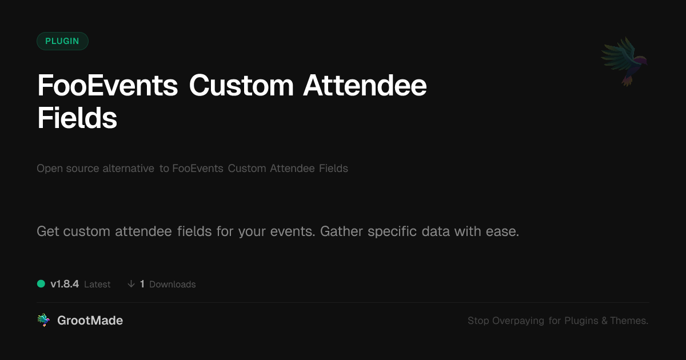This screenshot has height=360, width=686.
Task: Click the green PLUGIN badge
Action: (62, 41)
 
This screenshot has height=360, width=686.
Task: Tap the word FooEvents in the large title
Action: (107, 85)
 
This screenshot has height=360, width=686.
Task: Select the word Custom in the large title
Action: (241, 85)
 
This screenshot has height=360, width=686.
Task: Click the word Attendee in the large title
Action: (365, 85)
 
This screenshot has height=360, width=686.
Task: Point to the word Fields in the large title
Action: (77, 118)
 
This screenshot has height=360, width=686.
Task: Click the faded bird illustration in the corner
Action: (624, 61)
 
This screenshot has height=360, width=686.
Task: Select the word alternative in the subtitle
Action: (128, 169)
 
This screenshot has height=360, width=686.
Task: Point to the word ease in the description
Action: (502, 232)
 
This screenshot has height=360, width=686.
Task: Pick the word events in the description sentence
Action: (293, 232)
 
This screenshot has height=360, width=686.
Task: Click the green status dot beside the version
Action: (41, 284)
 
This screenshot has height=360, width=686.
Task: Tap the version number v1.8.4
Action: (65, 284)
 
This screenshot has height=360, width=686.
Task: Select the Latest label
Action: (97, 285)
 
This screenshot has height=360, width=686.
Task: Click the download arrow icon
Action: (131, 284)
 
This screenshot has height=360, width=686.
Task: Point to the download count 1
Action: (142, 284)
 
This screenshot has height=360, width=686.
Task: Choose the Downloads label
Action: (173, 285)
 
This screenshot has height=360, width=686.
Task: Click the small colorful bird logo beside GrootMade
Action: (44, 320)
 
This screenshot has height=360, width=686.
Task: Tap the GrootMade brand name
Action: (90, 321)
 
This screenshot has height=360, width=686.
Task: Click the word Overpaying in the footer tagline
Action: (518, 321)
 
